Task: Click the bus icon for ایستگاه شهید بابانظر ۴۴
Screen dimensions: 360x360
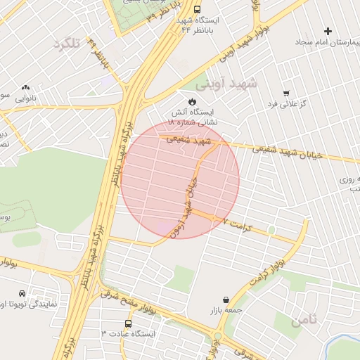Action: point(196,10)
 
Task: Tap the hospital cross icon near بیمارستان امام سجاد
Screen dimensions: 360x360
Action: point(328,31)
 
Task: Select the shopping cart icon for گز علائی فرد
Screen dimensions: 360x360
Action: point(285,93)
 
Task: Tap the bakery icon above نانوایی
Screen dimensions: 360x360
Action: point(25,87)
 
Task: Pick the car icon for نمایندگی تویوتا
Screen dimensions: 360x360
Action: point(22,293)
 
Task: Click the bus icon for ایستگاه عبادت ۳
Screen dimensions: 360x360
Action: point(127,323)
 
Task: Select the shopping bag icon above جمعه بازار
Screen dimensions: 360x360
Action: point(225,299)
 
